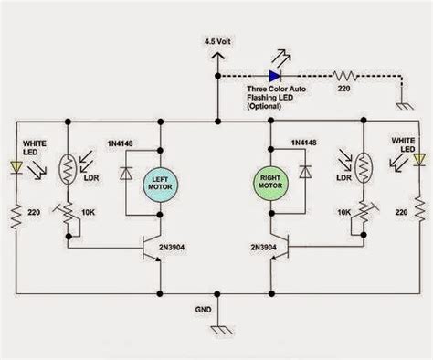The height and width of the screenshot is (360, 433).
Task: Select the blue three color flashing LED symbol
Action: point(274,77)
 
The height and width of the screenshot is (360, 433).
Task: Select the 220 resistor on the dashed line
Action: point(348,77)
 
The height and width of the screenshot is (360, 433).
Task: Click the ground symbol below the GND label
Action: point(216,331)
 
